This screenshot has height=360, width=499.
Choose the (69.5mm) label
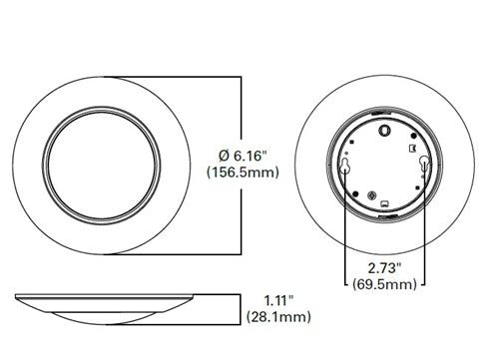click(x=384, y=287)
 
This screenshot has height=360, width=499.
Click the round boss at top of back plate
click(x=384, y=128)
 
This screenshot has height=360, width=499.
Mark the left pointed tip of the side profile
click(x=17, y=298)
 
